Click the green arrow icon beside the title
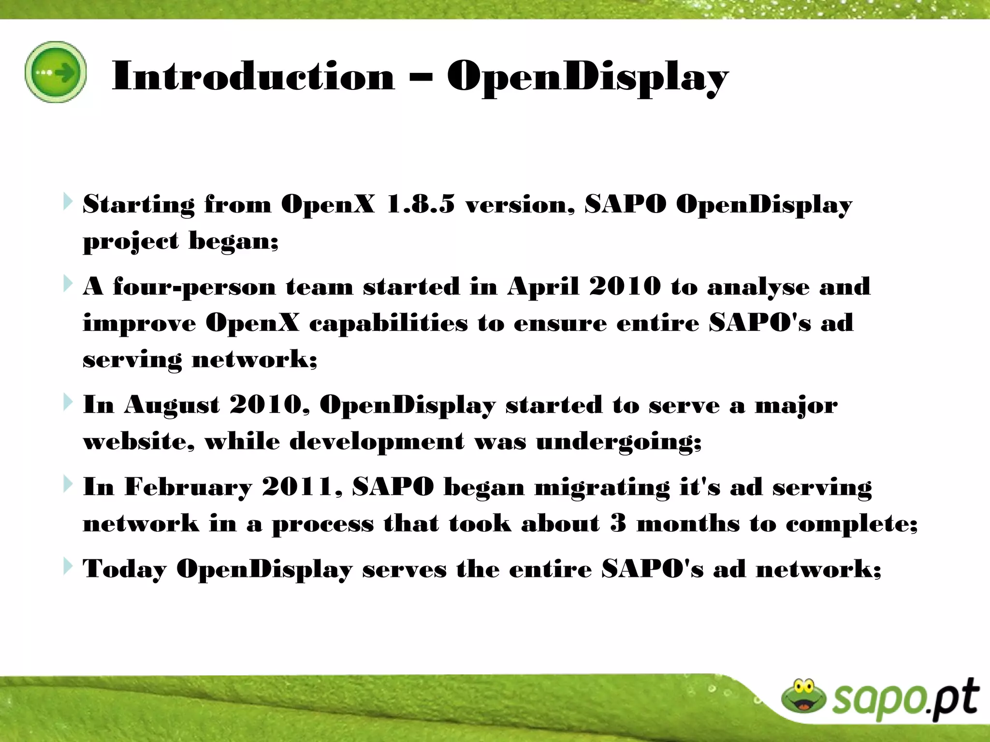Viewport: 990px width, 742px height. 56,72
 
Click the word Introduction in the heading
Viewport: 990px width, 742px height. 253,77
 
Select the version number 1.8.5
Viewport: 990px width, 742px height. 421,204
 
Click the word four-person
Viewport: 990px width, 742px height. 194,287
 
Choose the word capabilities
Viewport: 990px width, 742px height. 388,323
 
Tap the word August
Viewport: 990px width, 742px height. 172,405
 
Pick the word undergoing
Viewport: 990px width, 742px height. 618,442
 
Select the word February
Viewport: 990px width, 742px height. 188,487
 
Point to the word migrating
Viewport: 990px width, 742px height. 602,487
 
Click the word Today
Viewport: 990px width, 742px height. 124,569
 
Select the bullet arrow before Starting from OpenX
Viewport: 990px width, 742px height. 68,201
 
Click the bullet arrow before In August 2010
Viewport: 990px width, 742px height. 68,402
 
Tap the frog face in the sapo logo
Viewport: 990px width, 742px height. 803,696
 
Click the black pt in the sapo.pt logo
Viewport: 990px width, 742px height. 955,699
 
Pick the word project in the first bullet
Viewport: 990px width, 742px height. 131,241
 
